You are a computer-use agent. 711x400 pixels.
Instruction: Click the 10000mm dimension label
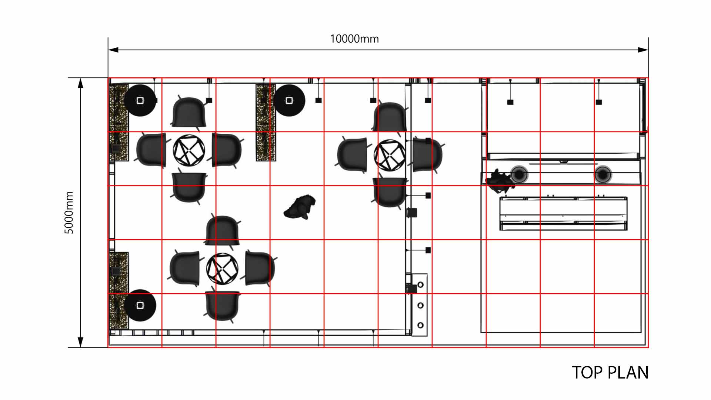[x=354, y=39]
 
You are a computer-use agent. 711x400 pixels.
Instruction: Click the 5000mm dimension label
[x=69, y=213]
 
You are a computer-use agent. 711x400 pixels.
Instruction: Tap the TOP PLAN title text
[x=610, y=373]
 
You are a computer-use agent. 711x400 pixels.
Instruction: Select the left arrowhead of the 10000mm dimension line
[x=113, y=50]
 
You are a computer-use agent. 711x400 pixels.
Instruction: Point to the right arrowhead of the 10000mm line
[x=643, y=50]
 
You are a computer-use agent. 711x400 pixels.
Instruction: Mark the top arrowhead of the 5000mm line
[x=80, y=83]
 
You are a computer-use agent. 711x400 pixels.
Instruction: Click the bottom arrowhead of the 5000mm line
[x=80, y=342]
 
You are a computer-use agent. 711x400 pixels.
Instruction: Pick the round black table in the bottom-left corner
[x=140, y=305]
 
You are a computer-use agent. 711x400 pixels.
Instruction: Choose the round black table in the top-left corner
[x=140, y=100]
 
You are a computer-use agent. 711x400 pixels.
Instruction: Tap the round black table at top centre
[x=289, y=100]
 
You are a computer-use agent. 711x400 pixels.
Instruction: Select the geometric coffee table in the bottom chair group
[x=222, y=269]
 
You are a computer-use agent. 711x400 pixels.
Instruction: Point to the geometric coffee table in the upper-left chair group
[x=189, y=150]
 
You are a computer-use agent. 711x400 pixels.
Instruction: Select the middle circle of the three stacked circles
[x=420, y=305]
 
